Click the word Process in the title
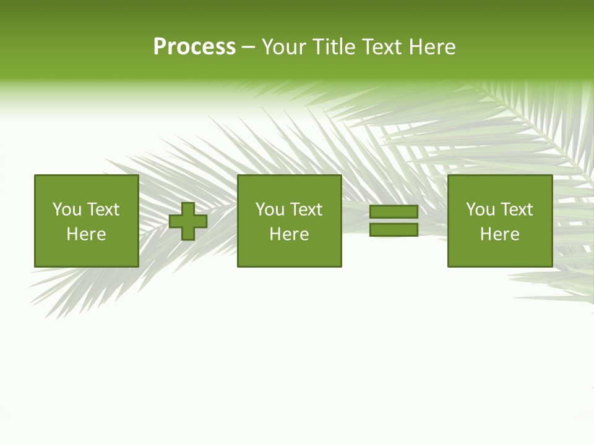(x=194, y=47)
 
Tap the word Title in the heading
(x=335, y=47)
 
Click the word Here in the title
(x=433, y=47)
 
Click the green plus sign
(x=188, y=221)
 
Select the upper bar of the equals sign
(x=394, y=212)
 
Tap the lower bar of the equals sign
(x=394, y=230)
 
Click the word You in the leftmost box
(x=67, y=210)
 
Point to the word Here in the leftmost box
(x=86, y=234)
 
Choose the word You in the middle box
(x=270, y=210)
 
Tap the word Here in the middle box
(x=289, y=234)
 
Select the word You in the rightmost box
(x=481, y=210)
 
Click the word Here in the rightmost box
(x=499, y=234)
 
